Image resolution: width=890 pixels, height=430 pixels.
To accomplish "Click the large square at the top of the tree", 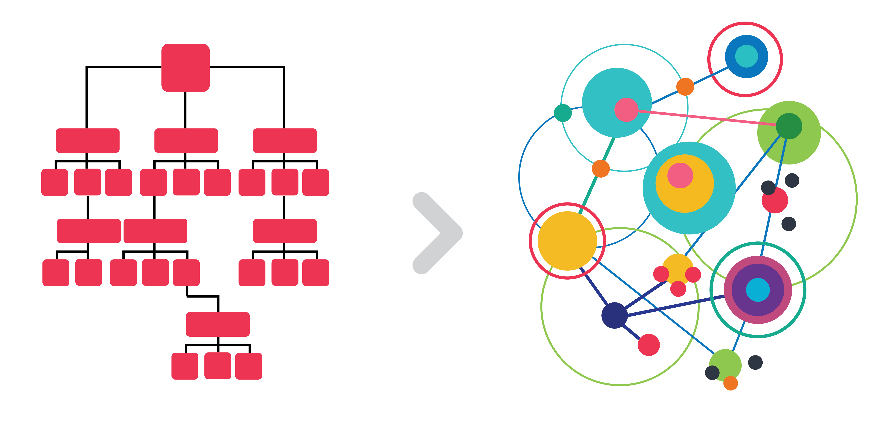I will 186,68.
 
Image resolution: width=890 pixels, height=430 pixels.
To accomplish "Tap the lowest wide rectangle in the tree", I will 218,324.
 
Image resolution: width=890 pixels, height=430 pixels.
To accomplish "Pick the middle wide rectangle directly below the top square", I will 186,141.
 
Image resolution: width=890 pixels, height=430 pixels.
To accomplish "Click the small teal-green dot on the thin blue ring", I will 562,113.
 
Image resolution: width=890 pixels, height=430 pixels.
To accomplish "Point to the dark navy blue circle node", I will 614,315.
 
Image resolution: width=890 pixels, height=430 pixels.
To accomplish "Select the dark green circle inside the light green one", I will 789,126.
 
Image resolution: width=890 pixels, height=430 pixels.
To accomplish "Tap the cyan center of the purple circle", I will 758,290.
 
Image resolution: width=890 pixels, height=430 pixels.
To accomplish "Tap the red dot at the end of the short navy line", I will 648,345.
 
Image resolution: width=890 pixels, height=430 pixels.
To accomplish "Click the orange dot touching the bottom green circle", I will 730,383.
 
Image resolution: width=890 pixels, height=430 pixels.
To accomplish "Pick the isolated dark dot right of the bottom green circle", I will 755,362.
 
